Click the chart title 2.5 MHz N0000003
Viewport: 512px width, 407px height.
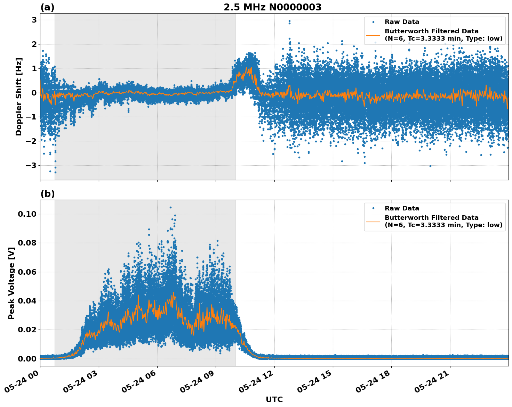pos(272,7)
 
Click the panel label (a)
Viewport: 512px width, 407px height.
pos(47,7)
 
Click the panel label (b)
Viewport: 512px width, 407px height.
pos(47,194)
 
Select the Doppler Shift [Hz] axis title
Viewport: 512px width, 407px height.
pos(19,97)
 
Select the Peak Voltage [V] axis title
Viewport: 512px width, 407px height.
pos(11,283)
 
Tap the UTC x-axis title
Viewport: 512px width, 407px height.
pos(274,399)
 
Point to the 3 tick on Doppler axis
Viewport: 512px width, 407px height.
pos(34,20)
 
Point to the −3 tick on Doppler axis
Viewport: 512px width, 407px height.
pos(31,165)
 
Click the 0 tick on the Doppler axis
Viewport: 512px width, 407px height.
pos(34,93)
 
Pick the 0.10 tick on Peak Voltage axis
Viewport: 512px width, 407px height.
pos(27,214)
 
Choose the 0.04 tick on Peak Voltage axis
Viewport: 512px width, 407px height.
pos(27,301)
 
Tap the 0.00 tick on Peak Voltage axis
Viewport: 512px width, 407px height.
pos(27,359)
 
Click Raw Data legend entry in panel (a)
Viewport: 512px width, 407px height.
pos(402,22)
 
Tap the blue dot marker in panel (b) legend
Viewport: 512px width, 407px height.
pos(373,208)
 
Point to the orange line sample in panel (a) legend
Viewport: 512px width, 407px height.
pos(373,35)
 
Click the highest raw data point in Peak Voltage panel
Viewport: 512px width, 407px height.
pos(170,207)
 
